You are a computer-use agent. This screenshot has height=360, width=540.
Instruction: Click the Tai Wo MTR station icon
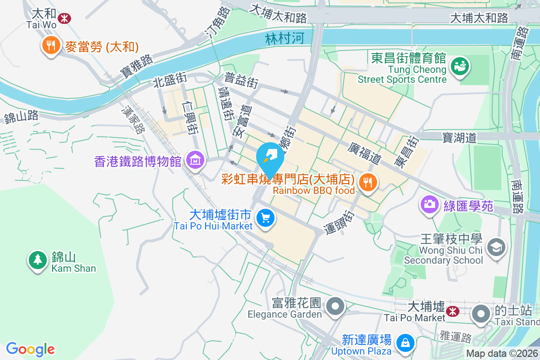point(65,18)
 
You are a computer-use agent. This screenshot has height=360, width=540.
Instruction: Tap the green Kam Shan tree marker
point(37,260)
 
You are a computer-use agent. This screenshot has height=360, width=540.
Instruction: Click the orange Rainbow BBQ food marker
point(368,182)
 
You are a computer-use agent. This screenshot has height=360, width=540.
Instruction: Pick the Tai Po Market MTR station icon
point(453,310)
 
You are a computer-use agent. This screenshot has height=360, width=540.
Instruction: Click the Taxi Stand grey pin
point(481,313)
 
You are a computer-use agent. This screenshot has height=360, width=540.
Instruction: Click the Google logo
point(30,349)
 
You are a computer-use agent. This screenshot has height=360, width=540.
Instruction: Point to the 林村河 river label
point(284,38)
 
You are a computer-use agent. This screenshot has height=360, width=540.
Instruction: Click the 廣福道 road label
point(364,153)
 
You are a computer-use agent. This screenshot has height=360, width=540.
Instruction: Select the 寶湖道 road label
point(459,138)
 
